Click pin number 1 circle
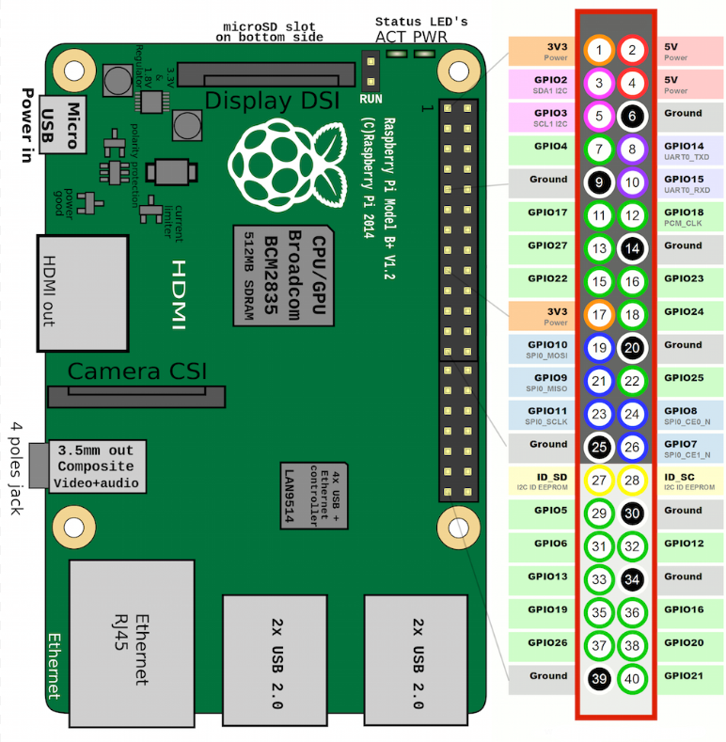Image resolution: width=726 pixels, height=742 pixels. pyautogui.click(x=599, y=50)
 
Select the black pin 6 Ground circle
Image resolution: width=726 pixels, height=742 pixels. pyautogui.click(x=633, y=116)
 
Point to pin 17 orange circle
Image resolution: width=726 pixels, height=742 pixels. pyautogui.click(x=599, y=314)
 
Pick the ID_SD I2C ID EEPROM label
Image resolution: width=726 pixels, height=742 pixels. pyautogui.click(x=541, y=482)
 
